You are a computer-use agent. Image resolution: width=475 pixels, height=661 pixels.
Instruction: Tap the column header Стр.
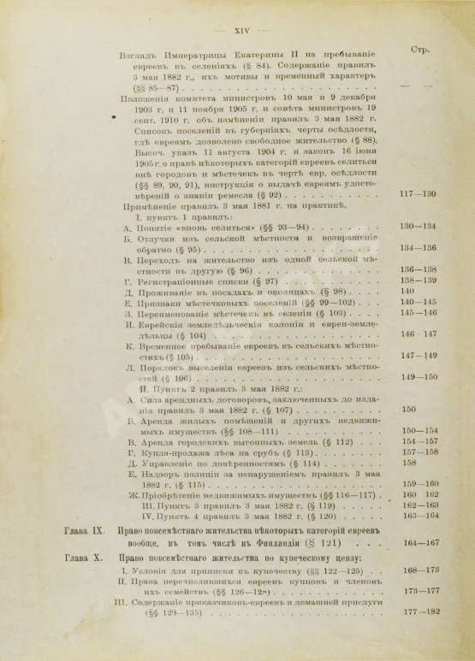tap(425, 50)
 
